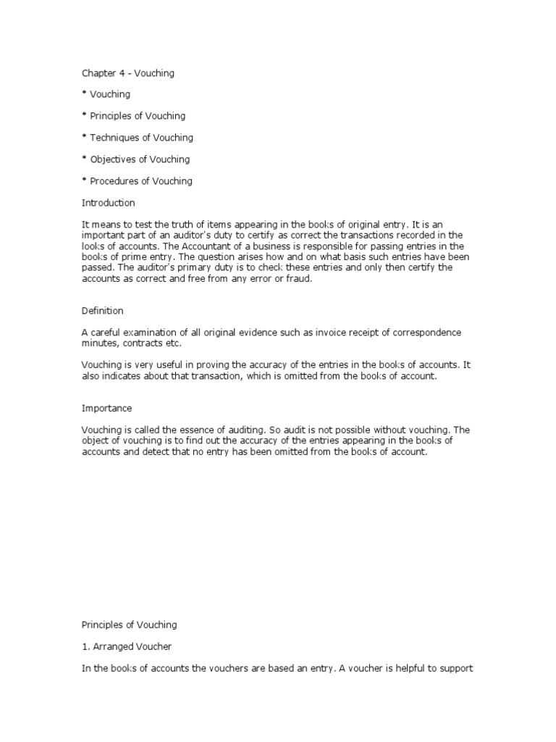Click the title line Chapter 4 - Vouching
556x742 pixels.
[127, 73]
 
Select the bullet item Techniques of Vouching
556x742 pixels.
[141, 138]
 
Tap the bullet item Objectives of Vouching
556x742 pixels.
[140, 159]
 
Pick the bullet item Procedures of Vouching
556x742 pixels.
[141, 181]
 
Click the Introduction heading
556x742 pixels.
[108, 203]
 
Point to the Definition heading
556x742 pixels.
[102, 311]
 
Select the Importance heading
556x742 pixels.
[106, 409]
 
